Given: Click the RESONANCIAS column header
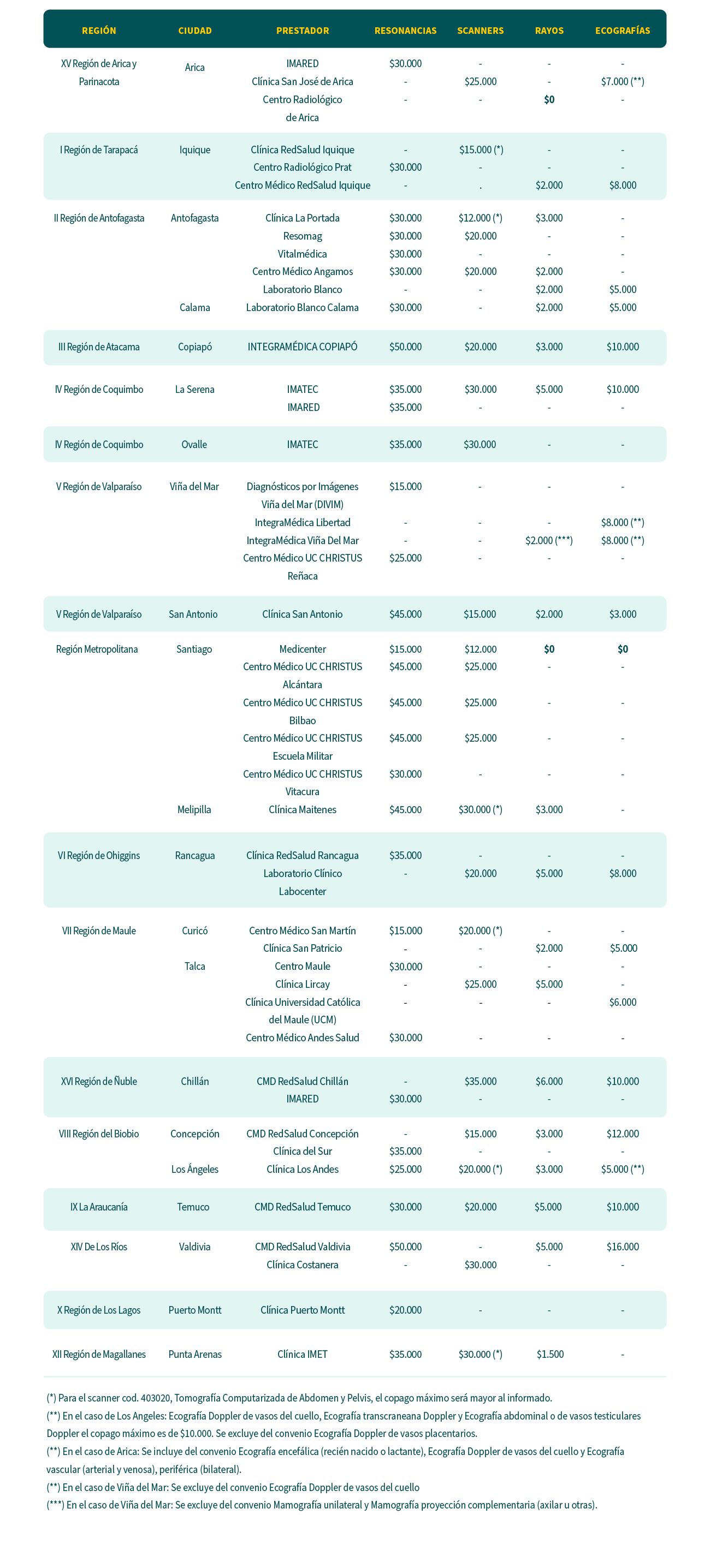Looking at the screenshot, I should (x=405, y=31).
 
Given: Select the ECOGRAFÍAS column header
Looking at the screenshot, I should (x=623, y=31).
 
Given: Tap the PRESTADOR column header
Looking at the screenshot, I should (x=302, y=31).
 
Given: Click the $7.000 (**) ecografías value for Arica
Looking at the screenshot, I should (x=623, y=81).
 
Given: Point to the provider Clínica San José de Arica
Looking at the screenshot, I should (x=302, y=81).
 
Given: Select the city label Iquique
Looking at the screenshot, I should (x=194, y=150).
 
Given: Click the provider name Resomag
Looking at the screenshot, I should (x=302, y=236).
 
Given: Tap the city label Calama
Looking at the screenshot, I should (x=194, y=307).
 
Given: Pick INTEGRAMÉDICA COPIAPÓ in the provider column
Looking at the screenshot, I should (x=302, y=347).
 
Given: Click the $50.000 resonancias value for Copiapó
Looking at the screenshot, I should (x=405, y=347).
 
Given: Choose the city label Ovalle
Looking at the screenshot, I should (x=194, y=445).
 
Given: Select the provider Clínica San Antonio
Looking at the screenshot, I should (x=302, y=615).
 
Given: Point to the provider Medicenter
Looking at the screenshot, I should (x=302, y=649).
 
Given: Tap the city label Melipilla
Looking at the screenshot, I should (x=194, y=809).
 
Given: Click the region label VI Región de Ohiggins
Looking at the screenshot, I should (x=98, y=855).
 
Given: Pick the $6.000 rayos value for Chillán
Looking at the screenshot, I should (x=549, y=1081).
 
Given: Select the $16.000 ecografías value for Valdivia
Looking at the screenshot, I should (x=623, y=1247).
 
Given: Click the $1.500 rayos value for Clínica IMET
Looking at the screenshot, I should (x=550, y=1354).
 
